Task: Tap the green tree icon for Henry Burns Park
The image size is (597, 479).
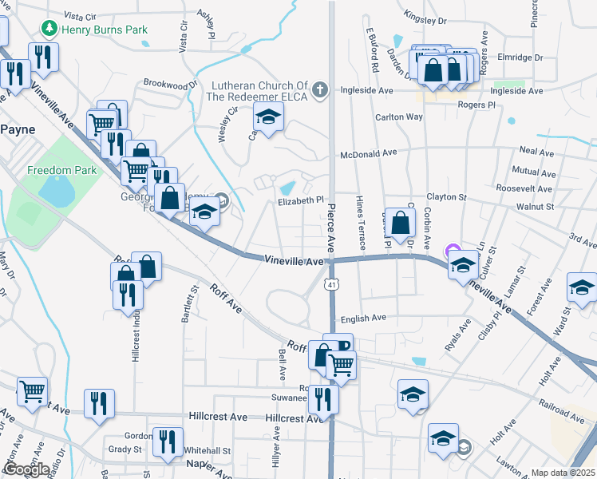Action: (49, 30)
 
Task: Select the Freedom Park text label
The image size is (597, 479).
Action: (61, 170)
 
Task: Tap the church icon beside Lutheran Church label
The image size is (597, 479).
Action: (320, 89)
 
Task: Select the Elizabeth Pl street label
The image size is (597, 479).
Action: (301, 201)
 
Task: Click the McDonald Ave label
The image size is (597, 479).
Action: (368, 153)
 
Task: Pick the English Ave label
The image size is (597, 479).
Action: (363, 318)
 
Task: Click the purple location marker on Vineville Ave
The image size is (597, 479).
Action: (453, 251)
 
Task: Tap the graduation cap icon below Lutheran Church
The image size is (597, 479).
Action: (269, 118)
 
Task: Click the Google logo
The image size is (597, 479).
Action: (27, 469)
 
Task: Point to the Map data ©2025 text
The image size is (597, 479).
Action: (563, 473)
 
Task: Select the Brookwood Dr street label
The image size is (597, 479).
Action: (170, 84)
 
